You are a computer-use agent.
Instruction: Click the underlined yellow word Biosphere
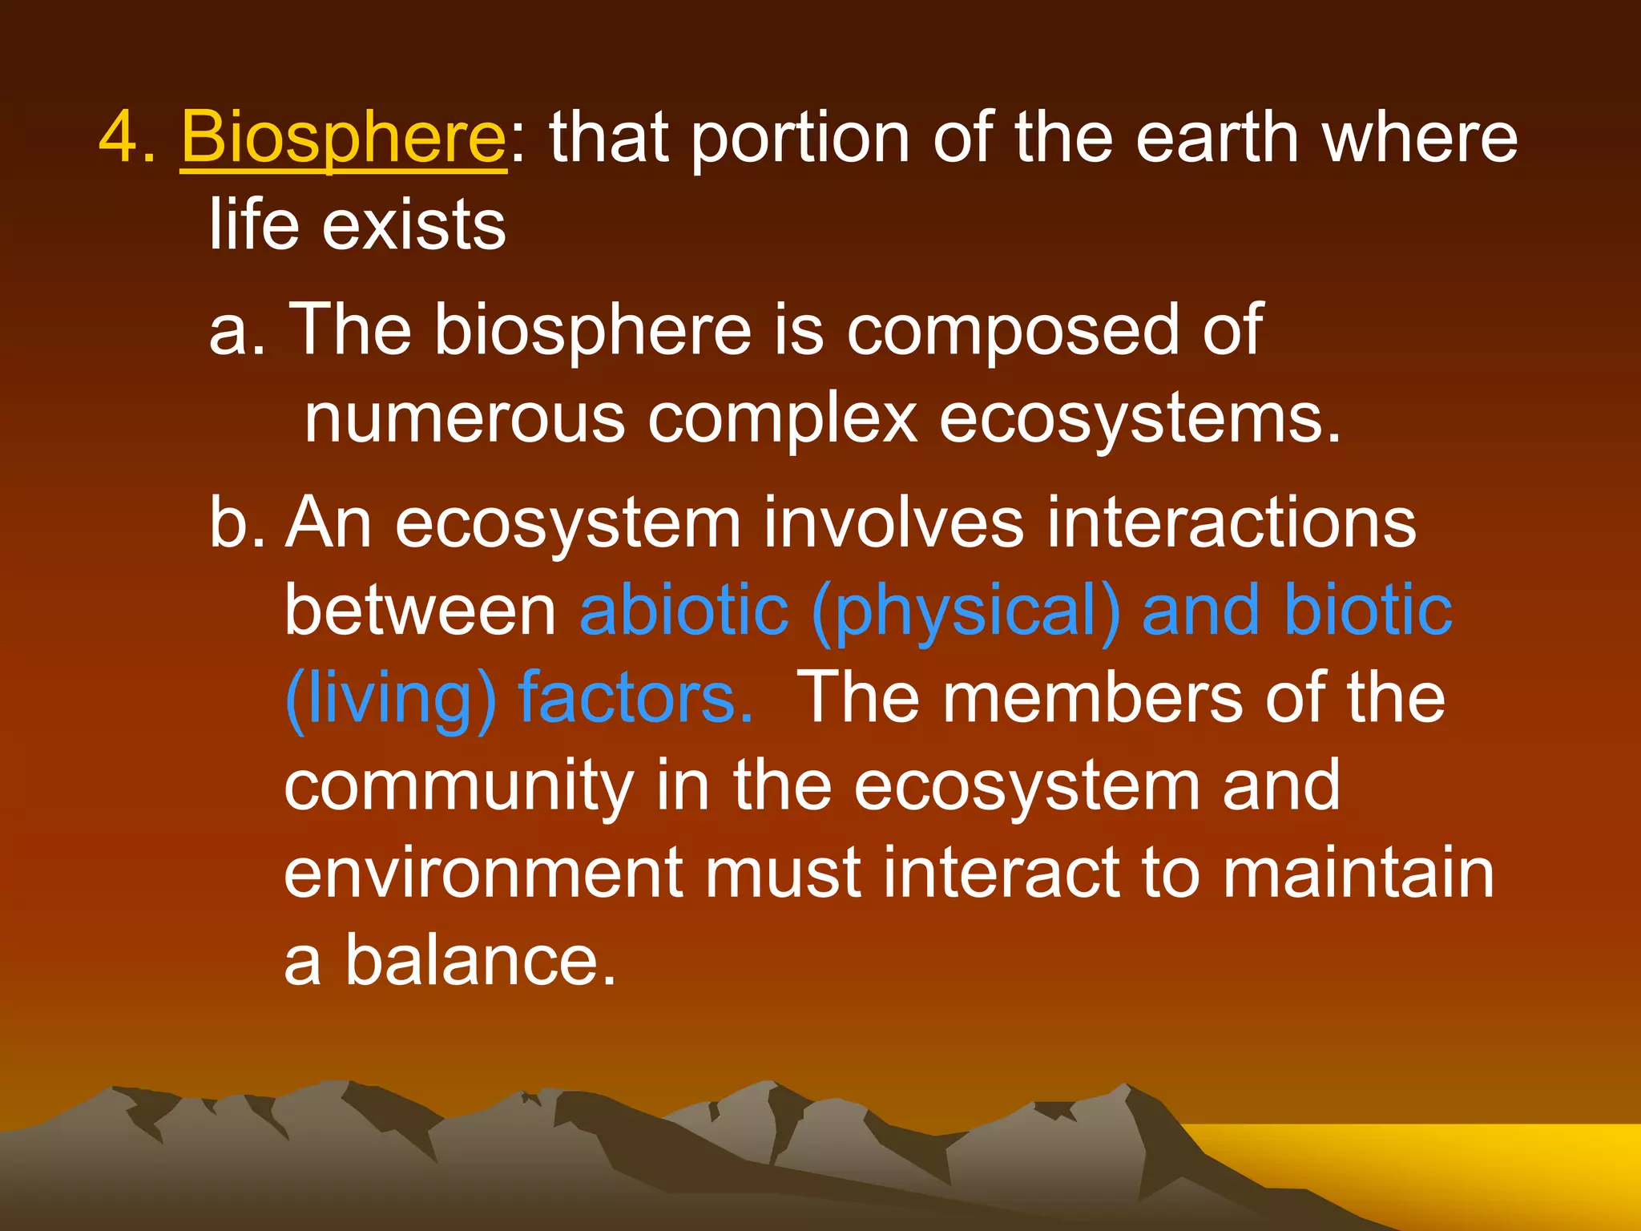343,138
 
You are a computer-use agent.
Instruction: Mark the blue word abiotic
684,611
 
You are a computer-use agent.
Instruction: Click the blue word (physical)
966,611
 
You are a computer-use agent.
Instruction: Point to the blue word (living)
391,699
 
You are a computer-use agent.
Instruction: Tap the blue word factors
636,699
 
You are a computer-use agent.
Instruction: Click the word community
459,786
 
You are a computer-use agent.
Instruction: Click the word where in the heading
1420,138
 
